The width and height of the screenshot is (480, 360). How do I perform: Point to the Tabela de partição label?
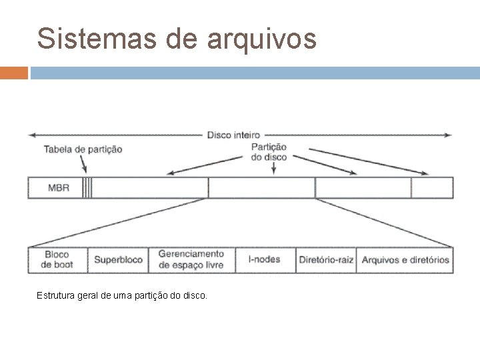coord(83,149)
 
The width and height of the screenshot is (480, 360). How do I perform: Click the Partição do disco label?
coord(269,152)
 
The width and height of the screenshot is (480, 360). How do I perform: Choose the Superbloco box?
coord(119,260)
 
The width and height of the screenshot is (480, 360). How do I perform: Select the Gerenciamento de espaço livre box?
coord(191,260)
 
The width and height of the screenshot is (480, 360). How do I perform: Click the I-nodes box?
coord(263,259)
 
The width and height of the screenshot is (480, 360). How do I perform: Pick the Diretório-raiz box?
coord(326,260)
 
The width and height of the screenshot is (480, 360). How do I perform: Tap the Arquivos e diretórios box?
coord(405,260)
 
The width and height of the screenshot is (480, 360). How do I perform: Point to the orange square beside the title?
coord(14,72)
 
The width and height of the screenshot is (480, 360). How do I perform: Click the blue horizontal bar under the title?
coord(253,72)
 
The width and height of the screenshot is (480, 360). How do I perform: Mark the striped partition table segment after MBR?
coord(87,187)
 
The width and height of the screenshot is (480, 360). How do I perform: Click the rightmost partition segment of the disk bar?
coord(432,187)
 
